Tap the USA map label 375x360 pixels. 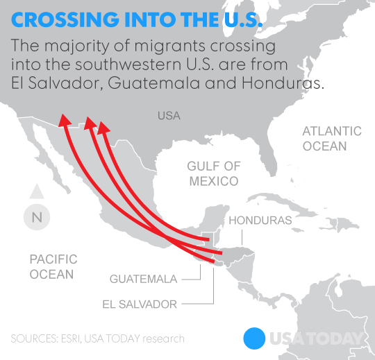(x=169, y=115)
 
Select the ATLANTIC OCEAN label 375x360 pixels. (x=332, y=139)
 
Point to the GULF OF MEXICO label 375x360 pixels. (x=213, y=173)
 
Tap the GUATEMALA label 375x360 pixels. (x=143, y=279)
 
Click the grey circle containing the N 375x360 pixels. (x=37, y=217)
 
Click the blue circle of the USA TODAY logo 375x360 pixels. (x=255, y=338)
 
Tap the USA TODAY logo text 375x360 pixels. (x=317, y=338)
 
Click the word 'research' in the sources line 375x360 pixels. (x=162, y=338)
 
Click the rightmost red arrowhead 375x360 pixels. (x=103, y=128)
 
